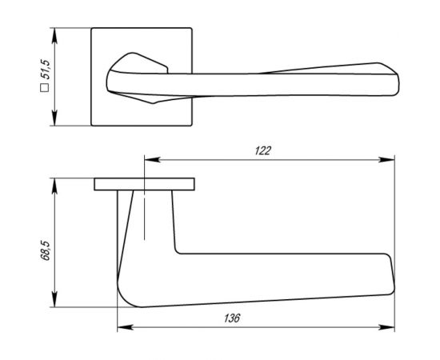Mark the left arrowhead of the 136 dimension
tap(122, 327)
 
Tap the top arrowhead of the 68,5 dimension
tap(55, 183)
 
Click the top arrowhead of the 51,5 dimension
tap(54, 34)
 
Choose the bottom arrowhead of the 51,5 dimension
tap(54, 122)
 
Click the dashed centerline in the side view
tap(145, 216)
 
